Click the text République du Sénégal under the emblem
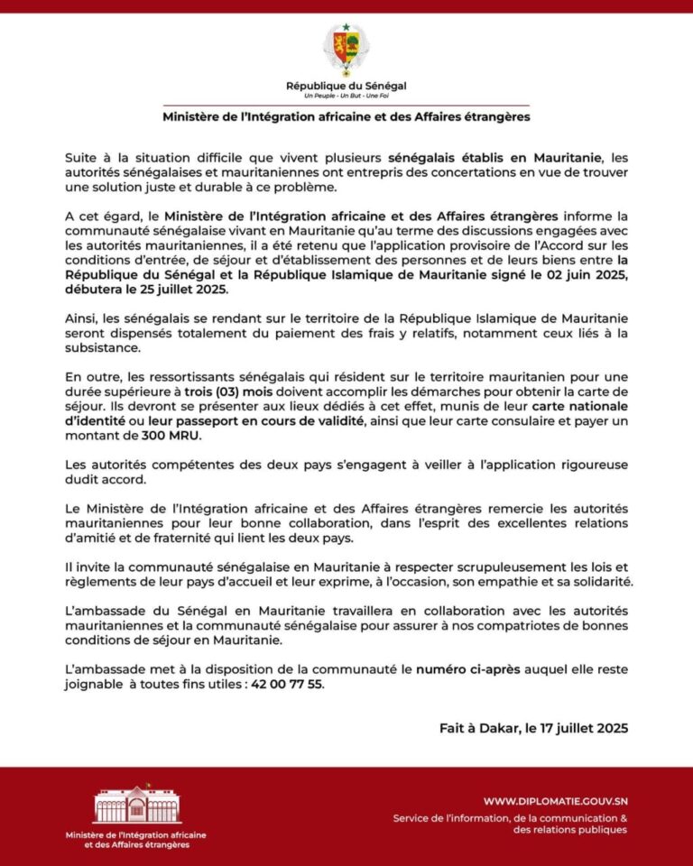coord(346,86)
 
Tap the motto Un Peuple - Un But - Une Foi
coord(346,96)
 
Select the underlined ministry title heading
coord(346,116)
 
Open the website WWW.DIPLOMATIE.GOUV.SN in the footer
coord(555,800)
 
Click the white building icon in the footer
coord(137,805)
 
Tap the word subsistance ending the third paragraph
coord(102,347)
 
